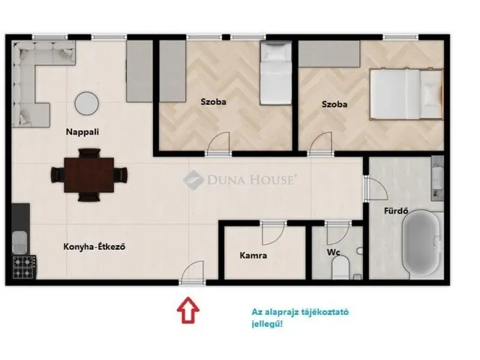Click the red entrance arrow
[x=188, y=310]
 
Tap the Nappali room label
[x=82, y=132]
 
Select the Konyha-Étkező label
[x=94, y=247]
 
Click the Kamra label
[x=253, y=255]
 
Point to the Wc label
[x=333, y=253]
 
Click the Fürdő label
[x=396, y=211]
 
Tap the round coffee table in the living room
[x=87, y=103]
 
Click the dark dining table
[x=89, y=175]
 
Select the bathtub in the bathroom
[x=421, y=244]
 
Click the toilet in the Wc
[x=340, y=268]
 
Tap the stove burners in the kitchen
[x=24, y=267]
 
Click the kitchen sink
[x=19, y=242]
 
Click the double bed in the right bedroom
[x=406, y=94]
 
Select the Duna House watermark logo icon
[x=193, y=180]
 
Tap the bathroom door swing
[x=376, y=189]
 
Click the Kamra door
[x=273, y=232]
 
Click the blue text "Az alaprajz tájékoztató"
[x=300, y=313]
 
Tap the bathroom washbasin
[x=437, y=178]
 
